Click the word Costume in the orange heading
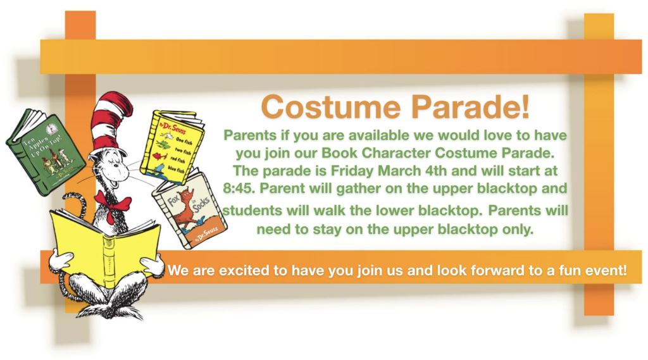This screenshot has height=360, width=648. tap(331, 107)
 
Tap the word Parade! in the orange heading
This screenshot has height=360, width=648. tap(470, 107)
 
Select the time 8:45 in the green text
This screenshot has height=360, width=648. tap(239, 189)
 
